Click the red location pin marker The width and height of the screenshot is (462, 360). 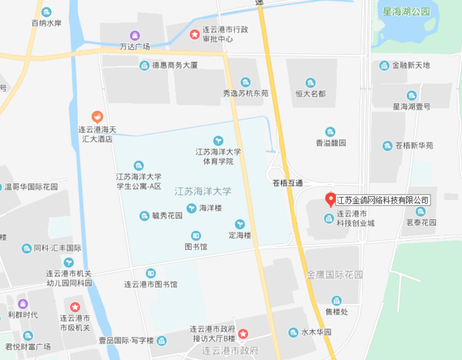330,199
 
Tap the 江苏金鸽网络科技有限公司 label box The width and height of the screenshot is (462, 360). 382,200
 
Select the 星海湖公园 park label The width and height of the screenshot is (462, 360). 406,12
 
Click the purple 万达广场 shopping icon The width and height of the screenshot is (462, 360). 135,35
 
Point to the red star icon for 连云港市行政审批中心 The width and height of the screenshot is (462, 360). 195,34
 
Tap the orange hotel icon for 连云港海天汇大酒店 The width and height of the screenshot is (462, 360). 97,117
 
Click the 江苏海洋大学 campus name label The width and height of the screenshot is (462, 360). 203,191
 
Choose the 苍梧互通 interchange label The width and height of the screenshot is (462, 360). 287,183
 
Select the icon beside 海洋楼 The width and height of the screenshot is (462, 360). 191,208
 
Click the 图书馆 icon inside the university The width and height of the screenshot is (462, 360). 196,236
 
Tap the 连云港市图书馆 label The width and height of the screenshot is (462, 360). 151,284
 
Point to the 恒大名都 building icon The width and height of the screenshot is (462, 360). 310,83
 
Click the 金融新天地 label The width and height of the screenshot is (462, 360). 411,65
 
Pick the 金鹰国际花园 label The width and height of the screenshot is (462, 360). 334,275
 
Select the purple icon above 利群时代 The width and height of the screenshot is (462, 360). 23,304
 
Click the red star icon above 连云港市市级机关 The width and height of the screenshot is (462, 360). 75,307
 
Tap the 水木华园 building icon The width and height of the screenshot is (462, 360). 293,332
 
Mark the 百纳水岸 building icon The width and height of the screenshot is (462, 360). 46,12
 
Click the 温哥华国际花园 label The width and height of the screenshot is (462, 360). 31,187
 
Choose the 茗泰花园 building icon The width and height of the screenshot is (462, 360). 420,211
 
